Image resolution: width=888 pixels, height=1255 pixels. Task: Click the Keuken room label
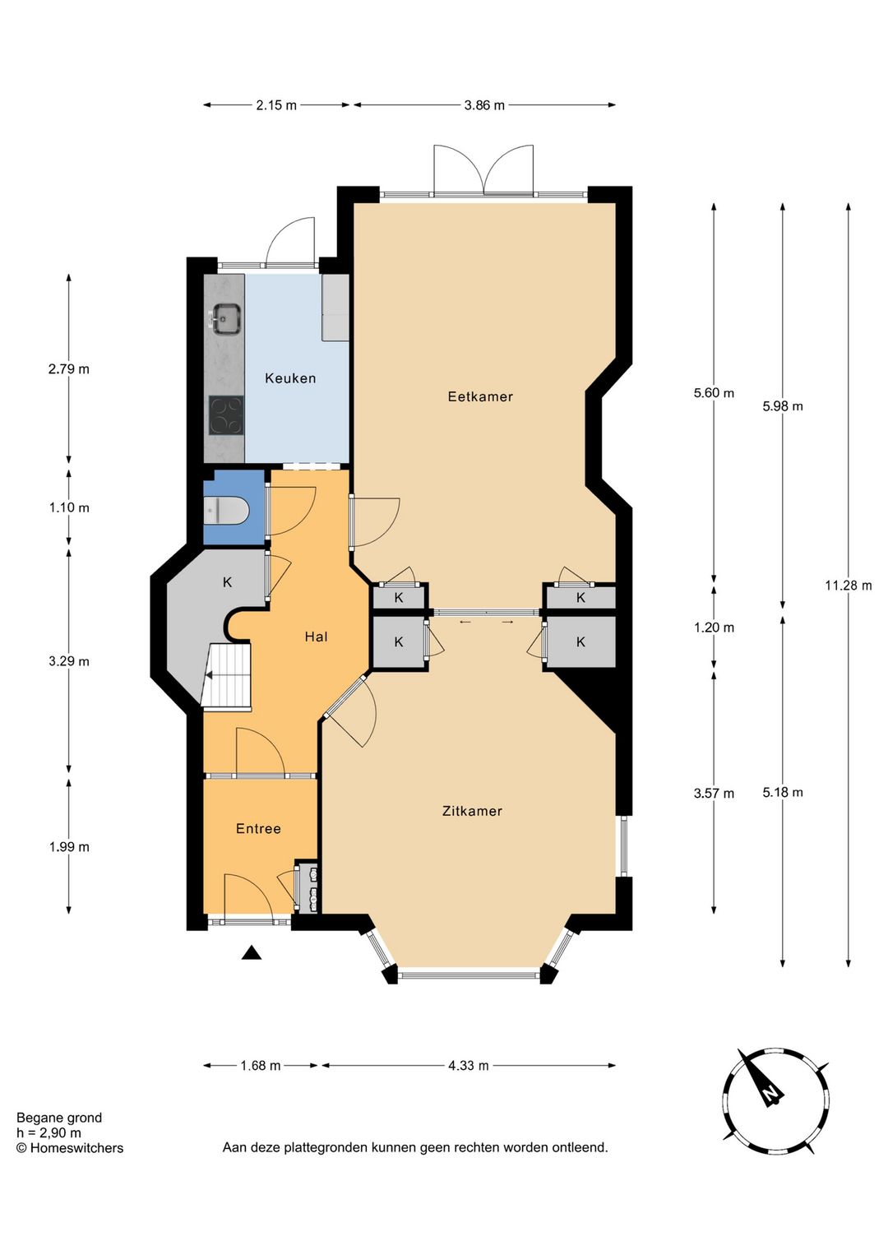(x=290, y=378)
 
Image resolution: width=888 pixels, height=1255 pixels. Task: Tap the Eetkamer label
(x=480, y=396)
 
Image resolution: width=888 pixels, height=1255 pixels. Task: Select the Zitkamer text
(x=472, y=811)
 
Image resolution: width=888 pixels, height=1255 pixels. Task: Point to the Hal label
(x=316, y=637)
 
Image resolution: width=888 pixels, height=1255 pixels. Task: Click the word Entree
(x=258, y=828)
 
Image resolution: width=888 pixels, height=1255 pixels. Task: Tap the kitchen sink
(x=226, y=319)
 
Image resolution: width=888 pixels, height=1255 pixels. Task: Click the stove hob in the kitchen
(x=226, y=415)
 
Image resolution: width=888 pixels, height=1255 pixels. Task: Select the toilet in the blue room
(x=226, y=511)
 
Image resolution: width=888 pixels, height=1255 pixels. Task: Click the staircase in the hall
(x=226, y=678)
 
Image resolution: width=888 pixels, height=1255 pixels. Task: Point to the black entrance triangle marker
(x=252, y=952)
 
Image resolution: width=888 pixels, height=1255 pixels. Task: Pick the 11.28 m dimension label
(x=849, y=586)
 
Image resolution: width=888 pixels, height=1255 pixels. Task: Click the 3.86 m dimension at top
(x=484, y=104)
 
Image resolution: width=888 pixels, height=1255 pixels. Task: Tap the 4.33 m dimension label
(x=469, y=1065)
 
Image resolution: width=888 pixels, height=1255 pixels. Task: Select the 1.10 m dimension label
(x=69, y=507)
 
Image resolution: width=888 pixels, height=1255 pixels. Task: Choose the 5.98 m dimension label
(x=783, y=406)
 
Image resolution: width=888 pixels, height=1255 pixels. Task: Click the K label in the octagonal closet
(x=228, y=582)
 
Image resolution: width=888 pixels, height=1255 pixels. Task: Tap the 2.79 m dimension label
(x=69, y=369)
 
